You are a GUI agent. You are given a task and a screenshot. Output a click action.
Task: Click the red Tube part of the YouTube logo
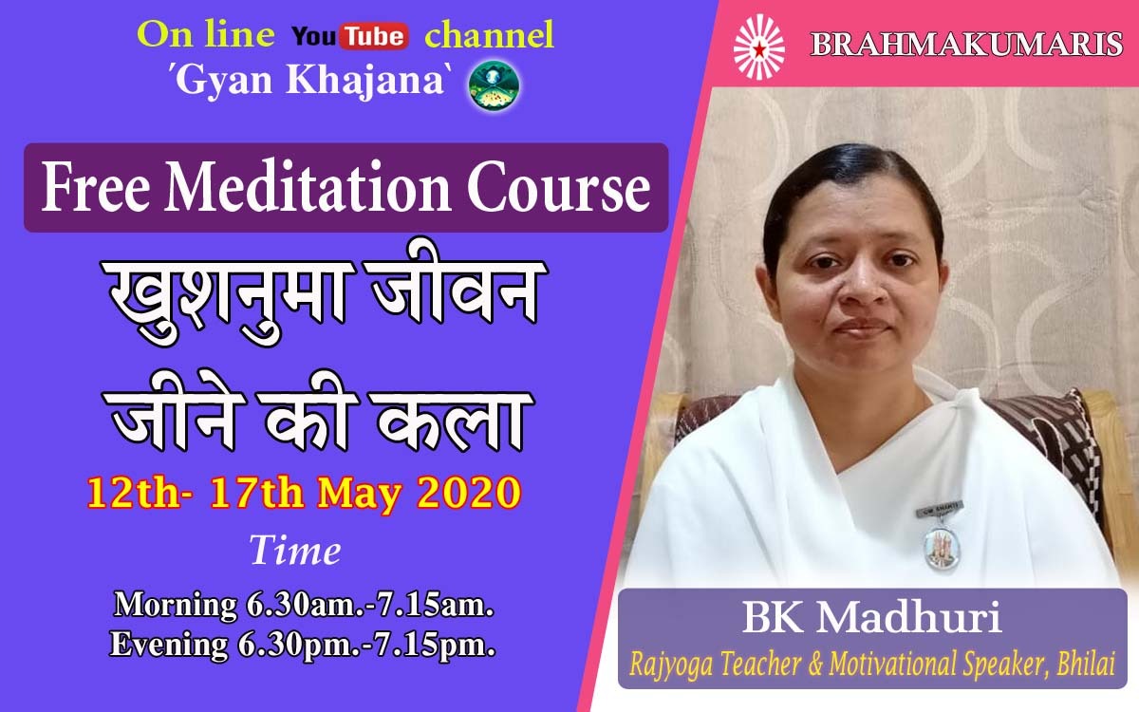tap(375, 36)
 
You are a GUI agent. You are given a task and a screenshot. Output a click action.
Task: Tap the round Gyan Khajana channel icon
tap(495, 85)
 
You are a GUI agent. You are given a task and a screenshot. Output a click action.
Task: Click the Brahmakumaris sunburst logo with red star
tap(759, 47)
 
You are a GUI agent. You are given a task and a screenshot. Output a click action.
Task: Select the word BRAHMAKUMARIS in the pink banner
tap(966, 45)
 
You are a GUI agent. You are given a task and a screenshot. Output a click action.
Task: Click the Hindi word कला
tap(452, 418)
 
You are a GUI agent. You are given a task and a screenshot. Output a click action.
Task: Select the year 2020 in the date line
tap(469, 493)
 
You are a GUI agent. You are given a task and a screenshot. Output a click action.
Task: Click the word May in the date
tap(358, 495)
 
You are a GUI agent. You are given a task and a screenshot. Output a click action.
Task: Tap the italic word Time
tap(295, 551)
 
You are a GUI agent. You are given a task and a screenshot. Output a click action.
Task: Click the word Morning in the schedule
tap(175, 606)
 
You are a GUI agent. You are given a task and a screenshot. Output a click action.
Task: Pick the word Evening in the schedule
tap(169, 646)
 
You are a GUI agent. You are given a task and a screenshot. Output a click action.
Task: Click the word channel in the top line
tap(489, 36)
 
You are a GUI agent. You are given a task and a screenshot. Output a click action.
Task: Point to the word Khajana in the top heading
tap(365, 82)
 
